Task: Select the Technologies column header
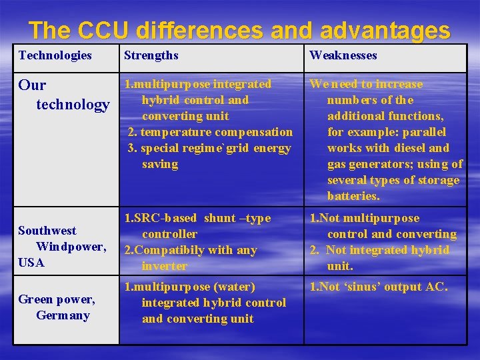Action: point(55,55)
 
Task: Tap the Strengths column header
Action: point(151,55)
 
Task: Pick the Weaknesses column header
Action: point(343,55)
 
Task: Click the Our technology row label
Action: point(64,95)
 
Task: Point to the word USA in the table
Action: point(31,263)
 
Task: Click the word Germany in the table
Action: point(63,315)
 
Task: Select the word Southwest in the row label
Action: point(47,231)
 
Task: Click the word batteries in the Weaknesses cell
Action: point(353,196)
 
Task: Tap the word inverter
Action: point(164,266)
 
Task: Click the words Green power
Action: point(56,299)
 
